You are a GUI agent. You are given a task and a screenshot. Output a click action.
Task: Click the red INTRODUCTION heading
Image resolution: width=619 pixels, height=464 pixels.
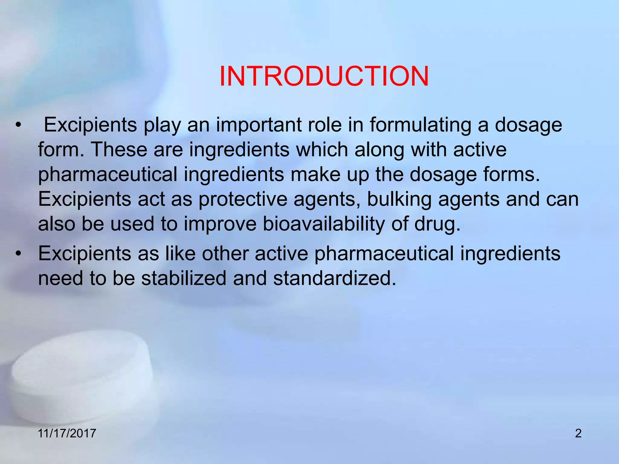coord(324,76)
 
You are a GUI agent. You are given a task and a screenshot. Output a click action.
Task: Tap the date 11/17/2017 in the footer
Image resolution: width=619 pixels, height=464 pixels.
coord(67,433)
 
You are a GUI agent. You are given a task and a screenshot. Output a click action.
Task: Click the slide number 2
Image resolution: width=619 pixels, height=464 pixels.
coord(578,433)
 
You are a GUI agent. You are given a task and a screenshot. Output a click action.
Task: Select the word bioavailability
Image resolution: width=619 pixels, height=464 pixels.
coord(324,224)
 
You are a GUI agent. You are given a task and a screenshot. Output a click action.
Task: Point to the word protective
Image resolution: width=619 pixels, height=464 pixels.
coord(242,199)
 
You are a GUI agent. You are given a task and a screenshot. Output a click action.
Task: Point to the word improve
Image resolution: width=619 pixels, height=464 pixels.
coord(220,225)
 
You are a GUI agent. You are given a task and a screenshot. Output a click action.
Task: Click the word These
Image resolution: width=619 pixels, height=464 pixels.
coord(119,150)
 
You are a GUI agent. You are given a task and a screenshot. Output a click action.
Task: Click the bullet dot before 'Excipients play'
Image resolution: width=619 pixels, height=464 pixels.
coord(19,125)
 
